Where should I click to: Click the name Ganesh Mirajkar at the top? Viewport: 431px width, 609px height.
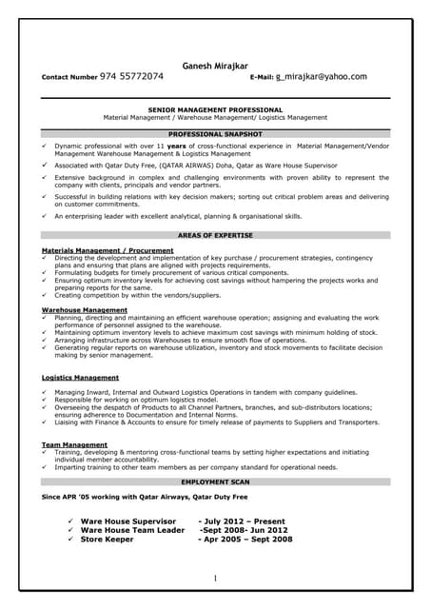pyautogui.click(x=215, y=65)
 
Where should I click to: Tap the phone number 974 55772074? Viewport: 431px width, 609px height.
pyautogui.click(x=131, y=76)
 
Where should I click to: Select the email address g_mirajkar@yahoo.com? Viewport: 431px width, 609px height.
pyautogui.click(x=322, y=76)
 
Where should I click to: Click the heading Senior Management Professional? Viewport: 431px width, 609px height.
pyautogui.click(x=215, y=110)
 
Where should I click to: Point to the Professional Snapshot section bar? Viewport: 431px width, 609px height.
pyautogui.click(x=215, y=135)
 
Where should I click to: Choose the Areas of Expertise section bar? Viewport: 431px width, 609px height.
pyautogui.click(x=215, y=234)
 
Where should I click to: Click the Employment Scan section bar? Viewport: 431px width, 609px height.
pyautogui.click(x=215, y=483)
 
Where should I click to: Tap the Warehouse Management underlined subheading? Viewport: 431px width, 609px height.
pyautogui.click(x=85, y=309)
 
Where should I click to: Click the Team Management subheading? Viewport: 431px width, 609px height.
pyautogui.click(x=74, y=444)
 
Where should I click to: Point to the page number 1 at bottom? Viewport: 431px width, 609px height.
pyautogui.click(x=215, y=579)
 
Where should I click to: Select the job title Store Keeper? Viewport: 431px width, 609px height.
pyautogui.click(x=107, y=540)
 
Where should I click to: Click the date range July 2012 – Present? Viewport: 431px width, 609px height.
pyautogui.click(x=242, y=521)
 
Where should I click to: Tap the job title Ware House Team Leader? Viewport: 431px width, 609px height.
pyautogui.click(x=132, y=530)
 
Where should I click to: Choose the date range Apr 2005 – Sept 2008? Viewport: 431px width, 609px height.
pyautogui.click(x=245, y=540)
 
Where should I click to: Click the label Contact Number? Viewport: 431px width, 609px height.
pyautogui.click(x=69, y=77)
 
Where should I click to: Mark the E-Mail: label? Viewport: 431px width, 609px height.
pyautogui.click(x=262, y=77)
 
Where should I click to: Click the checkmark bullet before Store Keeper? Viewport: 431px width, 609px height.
pyautogui.click(x=69, y=540)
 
